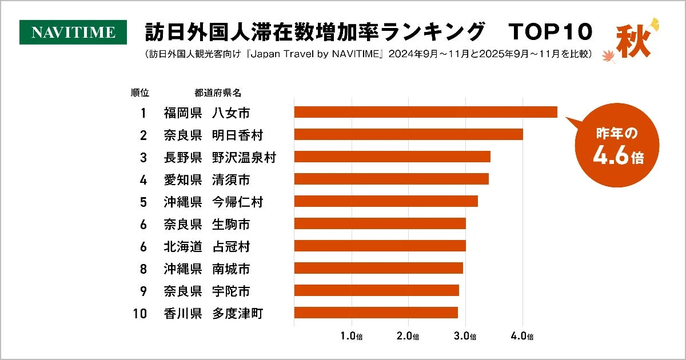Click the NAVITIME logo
(x=73, y=33)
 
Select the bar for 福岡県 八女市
(x=425, y=112)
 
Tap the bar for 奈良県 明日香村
(x=408, y=134)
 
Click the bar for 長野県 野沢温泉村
(x=392, y=157)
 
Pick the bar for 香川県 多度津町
(x=376, y=313)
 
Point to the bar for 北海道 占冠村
(x=380, y=246)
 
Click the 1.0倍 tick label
(x=352, y=337)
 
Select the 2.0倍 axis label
(x=409, y=337)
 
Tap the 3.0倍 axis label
(x=466, y=337)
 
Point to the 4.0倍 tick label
(x=523, y=337)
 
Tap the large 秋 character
(x=633, y=42)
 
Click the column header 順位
(x=140, y=93)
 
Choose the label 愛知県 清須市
(x=206, y=179)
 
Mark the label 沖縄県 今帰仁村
(x=213, y=202)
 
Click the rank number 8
(x=143, y=269)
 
